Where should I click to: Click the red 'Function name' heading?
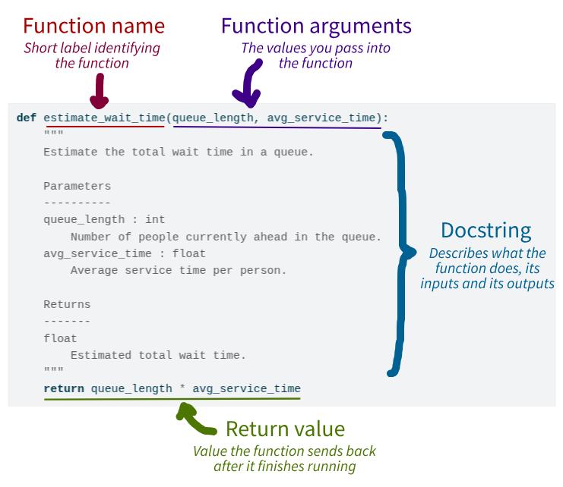(x=93, y=26)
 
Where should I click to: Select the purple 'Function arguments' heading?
(x=316, y=26)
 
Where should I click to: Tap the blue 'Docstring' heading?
(x=486, y=231)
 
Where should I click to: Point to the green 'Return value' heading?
(x=285, y=429)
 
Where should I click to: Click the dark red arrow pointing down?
(x=99, y=93)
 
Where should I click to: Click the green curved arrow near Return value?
(x=196, y=416)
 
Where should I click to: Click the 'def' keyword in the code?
(x=27, y=118)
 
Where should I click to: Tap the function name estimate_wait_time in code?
(x=104, y=118)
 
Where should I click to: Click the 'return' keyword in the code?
(x=64, y=388)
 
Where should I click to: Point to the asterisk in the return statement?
(x=182, y=389)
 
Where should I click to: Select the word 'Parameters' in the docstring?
(x=77, y=186)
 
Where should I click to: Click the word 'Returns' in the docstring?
(x=67, y=304)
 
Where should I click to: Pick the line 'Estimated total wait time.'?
(x=158, y=355)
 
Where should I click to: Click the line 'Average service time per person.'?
(x=178, y=270)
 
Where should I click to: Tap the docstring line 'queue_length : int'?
(x=104, y=219)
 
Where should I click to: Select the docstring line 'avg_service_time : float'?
(x=124, y=253)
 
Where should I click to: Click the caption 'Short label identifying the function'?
(x=92, y=55)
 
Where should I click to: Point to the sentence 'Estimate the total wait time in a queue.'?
(x=178, y=152)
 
